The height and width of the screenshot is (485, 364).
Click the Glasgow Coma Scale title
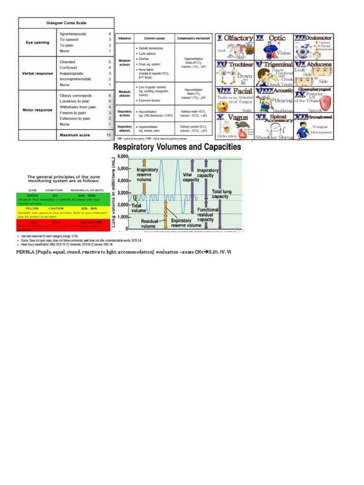tap(66, 23)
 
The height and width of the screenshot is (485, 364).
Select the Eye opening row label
tap(37, 43)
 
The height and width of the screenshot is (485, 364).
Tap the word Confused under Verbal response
tap(69, 67)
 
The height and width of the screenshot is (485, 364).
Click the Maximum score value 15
tap(109, 135)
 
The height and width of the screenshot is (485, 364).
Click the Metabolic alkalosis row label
tap(125, 93)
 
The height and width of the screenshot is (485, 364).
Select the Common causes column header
tap(154, 37)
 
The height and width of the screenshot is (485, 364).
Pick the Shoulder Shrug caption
tap(275, 137)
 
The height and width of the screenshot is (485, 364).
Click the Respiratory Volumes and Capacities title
tap(177, 147)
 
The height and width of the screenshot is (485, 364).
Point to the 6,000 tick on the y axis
tap(122, 156)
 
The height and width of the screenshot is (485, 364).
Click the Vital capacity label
tap(191, 177)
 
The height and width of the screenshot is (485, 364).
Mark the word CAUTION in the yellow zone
tap(56, 208)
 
